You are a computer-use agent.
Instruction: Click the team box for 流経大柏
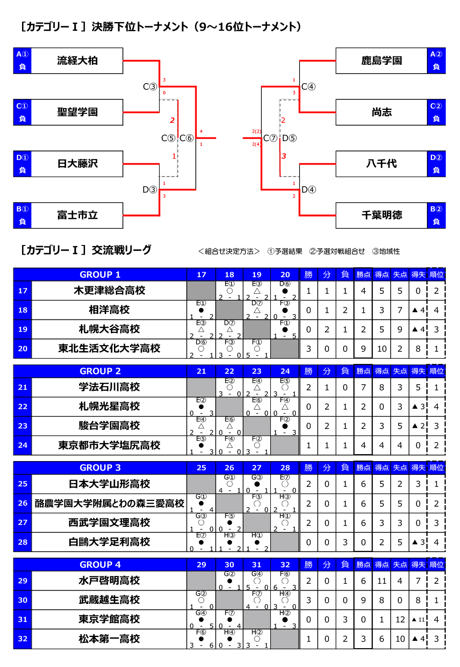tap(77, 61)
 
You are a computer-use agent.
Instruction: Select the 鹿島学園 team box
tap(381, 61)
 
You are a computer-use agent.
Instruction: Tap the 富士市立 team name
tap(77, 215)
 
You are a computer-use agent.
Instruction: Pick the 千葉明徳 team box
tap(381, 215)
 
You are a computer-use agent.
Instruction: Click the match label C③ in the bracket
tap(150, 87)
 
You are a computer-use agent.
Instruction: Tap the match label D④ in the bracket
tap(308, 190)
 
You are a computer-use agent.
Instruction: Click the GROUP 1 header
tap(100, 274)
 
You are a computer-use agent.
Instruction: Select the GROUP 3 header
tap(100, 467)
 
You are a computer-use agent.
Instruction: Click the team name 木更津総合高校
tap(109, 291)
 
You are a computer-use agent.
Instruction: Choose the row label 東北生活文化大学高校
tap(109, 348)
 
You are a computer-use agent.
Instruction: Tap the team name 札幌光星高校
tap(109, 406)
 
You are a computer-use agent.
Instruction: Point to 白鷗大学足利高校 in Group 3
tap(109, 542)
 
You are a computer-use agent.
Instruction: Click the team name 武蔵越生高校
tap(109, 600)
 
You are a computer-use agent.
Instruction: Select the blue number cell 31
tap(23, 619)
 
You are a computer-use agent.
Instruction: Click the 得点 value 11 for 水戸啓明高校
tap(382, 581)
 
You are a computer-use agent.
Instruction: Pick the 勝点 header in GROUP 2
tap(363, 371)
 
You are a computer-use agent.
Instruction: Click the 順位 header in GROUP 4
tap(436, 564)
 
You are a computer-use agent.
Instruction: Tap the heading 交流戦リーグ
tap(121, 250)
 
